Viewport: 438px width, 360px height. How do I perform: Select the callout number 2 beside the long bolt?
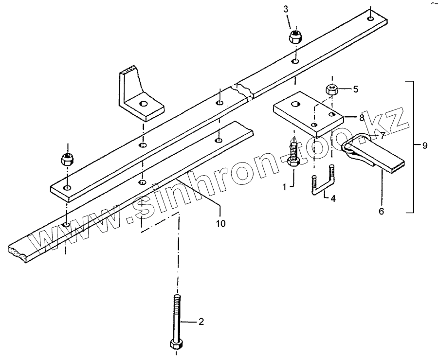pos(201,322)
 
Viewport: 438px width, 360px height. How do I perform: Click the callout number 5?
pos(355,89)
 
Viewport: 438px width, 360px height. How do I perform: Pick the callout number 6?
pos(382,212)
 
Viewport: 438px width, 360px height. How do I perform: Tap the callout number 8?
pos(361,117)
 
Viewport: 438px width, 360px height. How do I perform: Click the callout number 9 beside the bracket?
pos(425,145)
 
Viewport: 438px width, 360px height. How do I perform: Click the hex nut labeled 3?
pos(295,36)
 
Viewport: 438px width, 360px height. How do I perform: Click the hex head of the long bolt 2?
pos(176,344)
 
